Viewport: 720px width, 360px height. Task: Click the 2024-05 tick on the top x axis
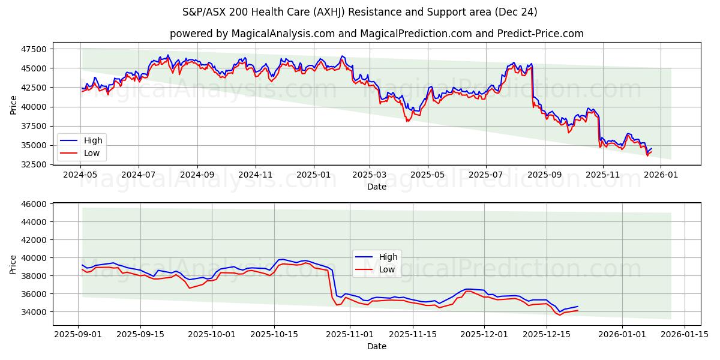pyautogui.click(x=80, y=175)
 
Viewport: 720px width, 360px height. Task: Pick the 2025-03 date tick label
pyautogui.click(x=369, y=175)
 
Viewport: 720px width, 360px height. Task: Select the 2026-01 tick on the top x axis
pyautogui.click(x=661, y=175)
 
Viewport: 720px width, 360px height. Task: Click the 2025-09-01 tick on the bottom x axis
pyautogui.click(x=78, y=334)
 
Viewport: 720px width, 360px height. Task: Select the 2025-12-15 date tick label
pyautogui.click(x=546, y=334)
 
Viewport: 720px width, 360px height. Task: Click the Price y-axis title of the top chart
pyautogui.click(x=14, y=105)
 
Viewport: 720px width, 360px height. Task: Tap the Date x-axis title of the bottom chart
pyautogui.click(x=376, y=346)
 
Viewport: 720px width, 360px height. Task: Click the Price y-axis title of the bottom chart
pyautogui.click(x=14, y=265)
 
